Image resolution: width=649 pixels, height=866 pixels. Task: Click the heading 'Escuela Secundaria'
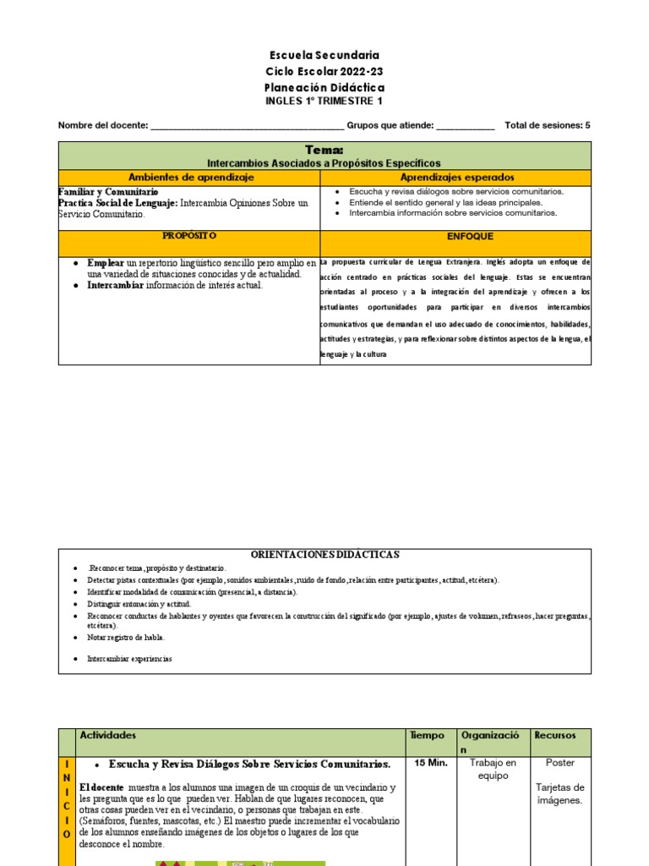324,56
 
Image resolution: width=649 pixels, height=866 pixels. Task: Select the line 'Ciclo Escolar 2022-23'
324,72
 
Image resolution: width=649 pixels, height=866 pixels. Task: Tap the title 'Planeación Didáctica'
324,88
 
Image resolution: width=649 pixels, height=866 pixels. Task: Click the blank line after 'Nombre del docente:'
247,126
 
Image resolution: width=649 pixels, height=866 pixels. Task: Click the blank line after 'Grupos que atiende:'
465,126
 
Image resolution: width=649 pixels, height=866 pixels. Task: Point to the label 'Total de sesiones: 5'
547,125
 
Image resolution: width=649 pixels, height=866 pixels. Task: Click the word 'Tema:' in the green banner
324,150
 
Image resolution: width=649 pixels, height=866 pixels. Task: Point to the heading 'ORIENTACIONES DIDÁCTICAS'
324,554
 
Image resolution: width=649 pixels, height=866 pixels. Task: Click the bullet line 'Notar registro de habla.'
126,637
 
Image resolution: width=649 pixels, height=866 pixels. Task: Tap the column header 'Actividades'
107,736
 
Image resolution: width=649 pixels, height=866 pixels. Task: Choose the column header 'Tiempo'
426,736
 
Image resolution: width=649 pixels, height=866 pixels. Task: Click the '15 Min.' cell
429,763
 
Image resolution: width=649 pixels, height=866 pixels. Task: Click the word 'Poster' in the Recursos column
559,763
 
